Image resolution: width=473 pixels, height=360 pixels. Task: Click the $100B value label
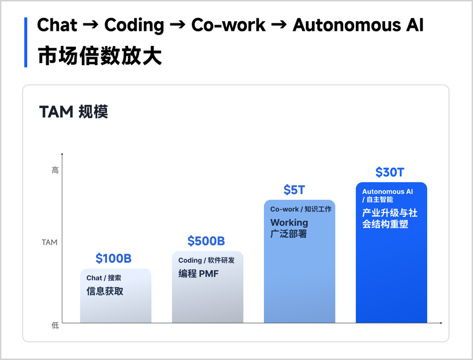(x=113, y=258)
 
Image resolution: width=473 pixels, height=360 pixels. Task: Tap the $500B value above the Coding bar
(x=206, y=241)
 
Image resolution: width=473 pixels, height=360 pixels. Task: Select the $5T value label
(x=294, y=190)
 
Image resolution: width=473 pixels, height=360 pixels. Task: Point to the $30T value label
(x=390, y=172)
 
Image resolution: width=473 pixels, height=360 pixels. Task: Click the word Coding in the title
(x=134, y=25)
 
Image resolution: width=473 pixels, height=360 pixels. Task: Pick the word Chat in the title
(x=57, y=25)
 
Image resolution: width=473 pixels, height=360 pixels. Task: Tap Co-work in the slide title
(x=228, y=25)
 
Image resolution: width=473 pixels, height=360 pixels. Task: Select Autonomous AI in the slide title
(x=358, y=25)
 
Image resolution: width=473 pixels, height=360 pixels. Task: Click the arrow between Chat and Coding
(x=90, y=25)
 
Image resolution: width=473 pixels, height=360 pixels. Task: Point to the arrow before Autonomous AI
(x=279, y=25)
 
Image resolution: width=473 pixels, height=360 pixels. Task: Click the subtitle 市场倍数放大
(x=100, y=56)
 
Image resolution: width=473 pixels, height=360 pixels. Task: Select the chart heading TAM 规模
(x=73, y=112)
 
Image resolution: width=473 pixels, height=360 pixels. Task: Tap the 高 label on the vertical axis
(x=55, y=170)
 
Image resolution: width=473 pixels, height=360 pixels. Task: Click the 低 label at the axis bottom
(x=55, y=325)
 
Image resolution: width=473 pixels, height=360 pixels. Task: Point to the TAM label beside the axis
(x=49, y=243)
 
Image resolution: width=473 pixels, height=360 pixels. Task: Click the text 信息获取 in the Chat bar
(x=105, y=291)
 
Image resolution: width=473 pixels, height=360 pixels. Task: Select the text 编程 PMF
(x=198, y=274)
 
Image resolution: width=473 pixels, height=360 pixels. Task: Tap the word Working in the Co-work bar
(x=290, y=222)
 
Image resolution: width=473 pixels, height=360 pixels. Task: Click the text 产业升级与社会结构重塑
(x=390, y=218)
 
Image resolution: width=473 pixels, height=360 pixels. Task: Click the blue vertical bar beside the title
(x=26, y=42)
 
